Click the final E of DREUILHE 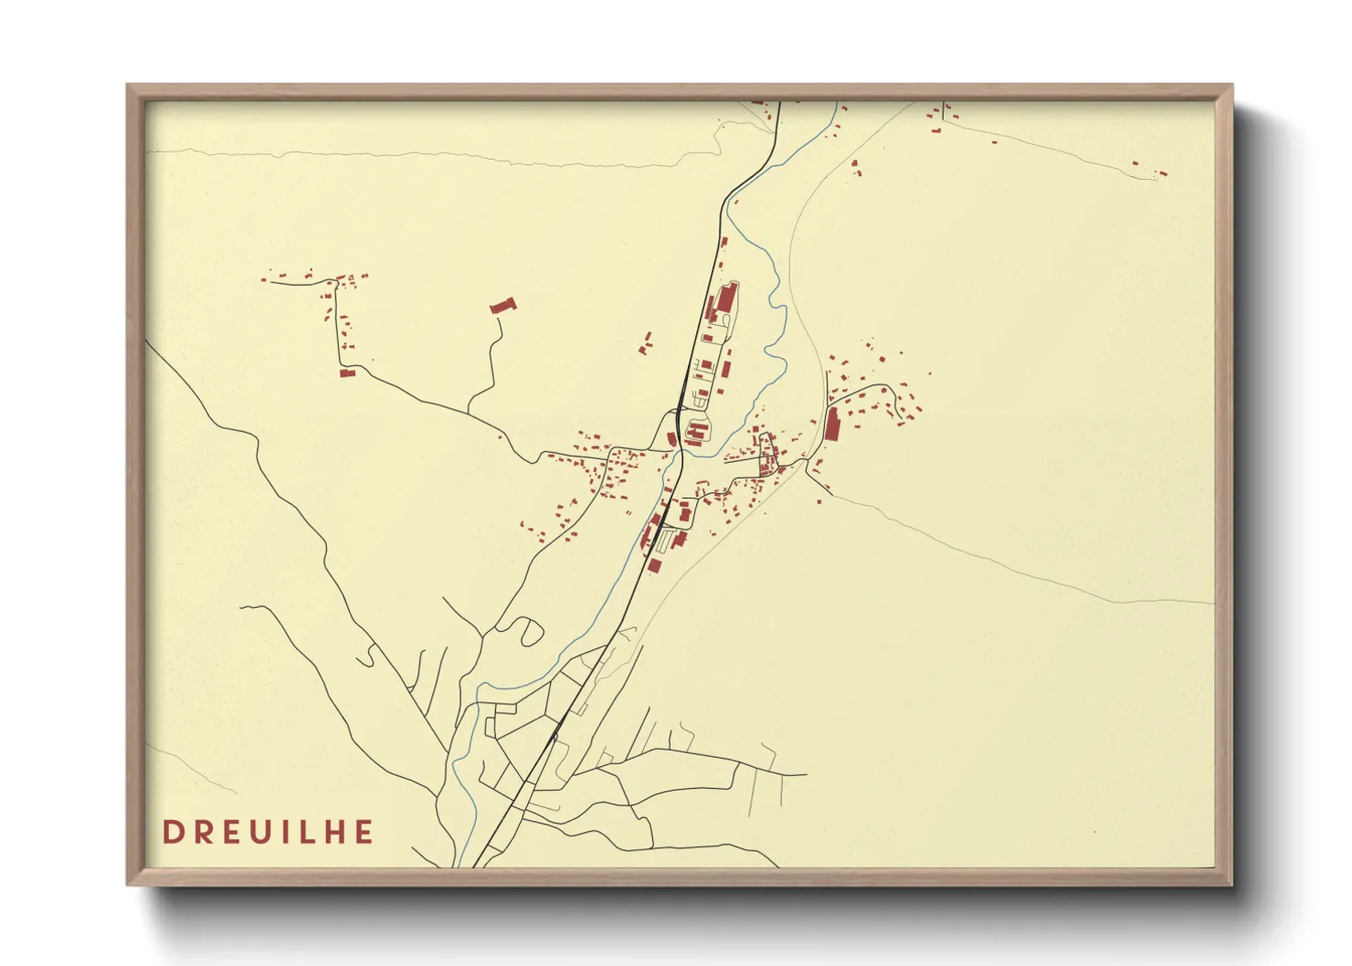tap(364, 832)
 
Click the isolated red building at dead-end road tap(502, 306)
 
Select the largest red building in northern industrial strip tap(727, 299)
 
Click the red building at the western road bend tap(346, 373)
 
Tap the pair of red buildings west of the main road tap(648, 344)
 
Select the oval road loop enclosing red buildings tap(697, 428)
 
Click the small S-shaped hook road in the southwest tap(369, 656)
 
